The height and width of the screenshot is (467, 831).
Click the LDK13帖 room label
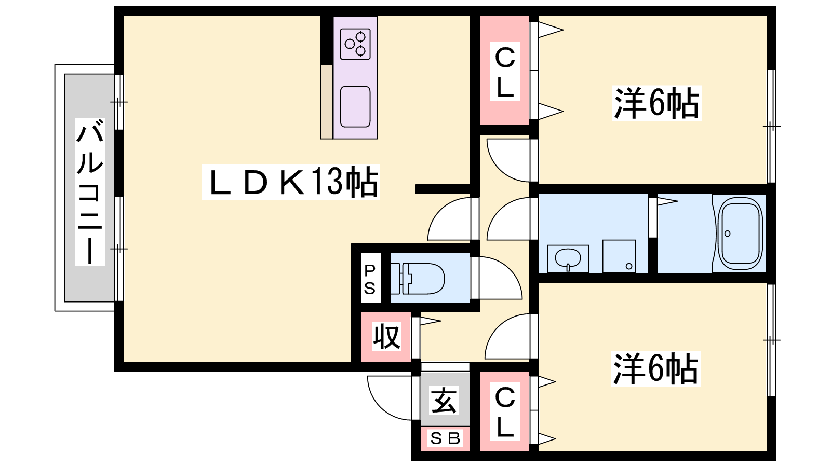pyautogui.click(x=291, y=182)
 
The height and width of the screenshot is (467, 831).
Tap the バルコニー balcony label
pyautogui.click(x=90, y=191)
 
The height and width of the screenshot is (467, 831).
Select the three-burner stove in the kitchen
pyautogui.click(x=355, y=44)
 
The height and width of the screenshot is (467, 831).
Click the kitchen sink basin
pyautogui.click(x=355, y=106)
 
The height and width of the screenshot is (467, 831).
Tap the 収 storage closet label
pyautogui.click(x=386, y=337)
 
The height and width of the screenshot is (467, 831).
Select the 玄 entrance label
pyautogui.click(x=445, y=400)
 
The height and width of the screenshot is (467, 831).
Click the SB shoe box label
pyautogui.click(x=445, y=439)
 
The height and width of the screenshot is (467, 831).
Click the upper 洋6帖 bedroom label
pyautogui.click(x=656, y=103)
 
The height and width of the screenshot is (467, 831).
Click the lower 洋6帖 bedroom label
pyautogui.click(x=656, y=369)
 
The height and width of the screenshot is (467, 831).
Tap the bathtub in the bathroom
pyautogui.click(x=740, y=233)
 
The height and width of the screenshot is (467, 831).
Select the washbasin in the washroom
pyautogui.click(x=568, y=258)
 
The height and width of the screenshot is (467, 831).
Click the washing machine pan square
pyautogui.click(x=619, y=256)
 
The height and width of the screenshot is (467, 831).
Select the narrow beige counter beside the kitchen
pyautogui.click(x=326, y=102)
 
